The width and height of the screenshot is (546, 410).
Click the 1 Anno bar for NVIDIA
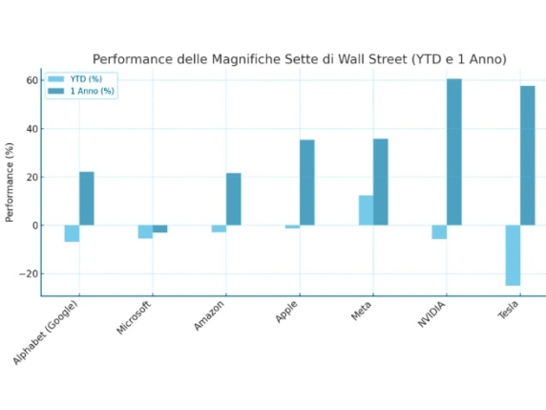click(453, 152)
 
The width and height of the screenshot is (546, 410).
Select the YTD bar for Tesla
click(513, 255)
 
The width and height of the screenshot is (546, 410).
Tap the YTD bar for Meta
click(366, 210)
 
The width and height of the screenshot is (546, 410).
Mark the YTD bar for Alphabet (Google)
click(72, 233)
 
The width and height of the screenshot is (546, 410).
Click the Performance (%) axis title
click(10, 182)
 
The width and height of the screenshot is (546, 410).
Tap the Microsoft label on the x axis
click(134, 317)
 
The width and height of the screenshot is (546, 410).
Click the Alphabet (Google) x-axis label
click(46, 333)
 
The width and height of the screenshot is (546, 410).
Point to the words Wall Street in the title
click(369, 59)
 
